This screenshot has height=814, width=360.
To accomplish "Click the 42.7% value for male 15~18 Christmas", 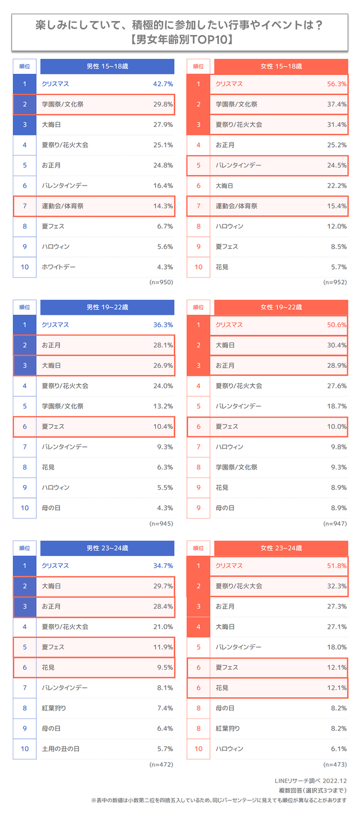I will click(163, 84).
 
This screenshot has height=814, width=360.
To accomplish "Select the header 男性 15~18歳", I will click(107, 66).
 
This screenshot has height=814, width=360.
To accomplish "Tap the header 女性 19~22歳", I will click(281, 307).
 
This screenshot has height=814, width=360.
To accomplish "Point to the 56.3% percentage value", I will click(336, 84).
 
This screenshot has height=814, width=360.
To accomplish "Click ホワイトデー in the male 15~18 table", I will click(58, 267).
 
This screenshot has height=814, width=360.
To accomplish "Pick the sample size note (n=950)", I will click(161, 282).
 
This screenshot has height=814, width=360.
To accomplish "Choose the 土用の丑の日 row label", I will click(60, 749).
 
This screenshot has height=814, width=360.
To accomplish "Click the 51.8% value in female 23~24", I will click(336, 566).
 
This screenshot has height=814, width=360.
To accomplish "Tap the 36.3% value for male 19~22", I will click(163, 325).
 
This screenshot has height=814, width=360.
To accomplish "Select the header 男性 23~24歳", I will click(107, 548).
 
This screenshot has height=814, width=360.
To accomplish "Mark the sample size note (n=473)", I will click(335, 764).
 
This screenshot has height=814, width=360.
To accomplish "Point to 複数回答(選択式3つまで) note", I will click(312, 790).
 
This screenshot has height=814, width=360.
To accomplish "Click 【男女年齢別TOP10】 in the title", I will click(180, 39).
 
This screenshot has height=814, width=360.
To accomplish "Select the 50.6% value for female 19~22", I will click(336, 325).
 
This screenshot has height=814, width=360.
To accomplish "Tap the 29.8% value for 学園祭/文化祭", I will click(163, 104).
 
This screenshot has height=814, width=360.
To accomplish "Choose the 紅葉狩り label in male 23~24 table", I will click(54, 708).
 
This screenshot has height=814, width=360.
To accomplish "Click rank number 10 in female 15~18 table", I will click(198, 267).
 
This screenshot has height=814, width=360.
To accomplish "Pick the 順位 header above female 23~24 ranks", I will click(198, 548).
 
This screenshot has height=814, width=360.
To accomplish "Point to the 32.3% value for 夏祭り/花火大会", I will click(336, 586).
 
